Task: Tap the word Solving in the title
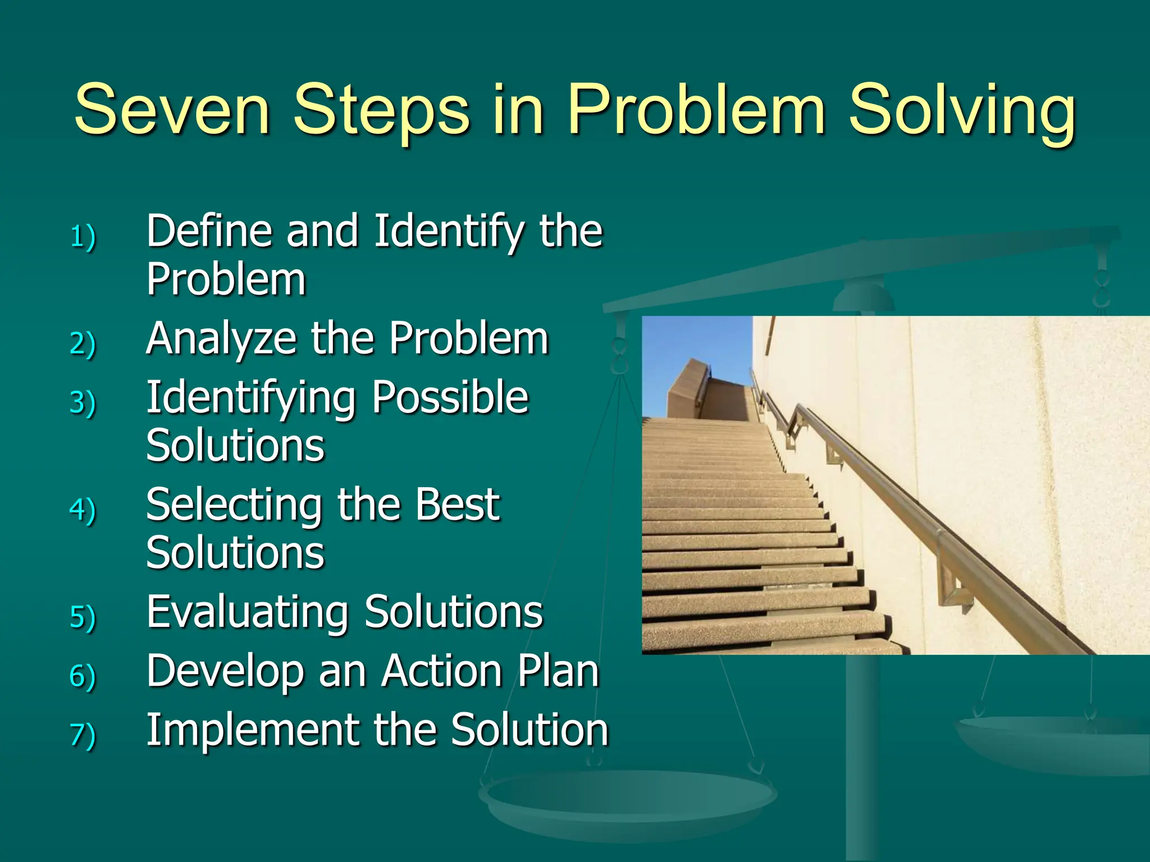(x=961, y=111)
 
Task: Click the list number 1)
(x=83, y=236)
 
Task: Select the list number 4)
(x=83, y=510)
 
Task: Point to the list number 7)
(x=83, y=735)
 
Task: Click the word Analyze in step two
(x=221, y=340)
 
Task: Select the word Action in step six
(x=441, y=671)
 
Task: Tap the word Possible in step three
(x=450, y=397)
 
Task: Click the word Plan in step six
(x=558, y=671)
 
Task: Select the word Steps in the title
(x=381, y=111)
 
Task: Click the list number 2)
(x=83, y=343)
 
